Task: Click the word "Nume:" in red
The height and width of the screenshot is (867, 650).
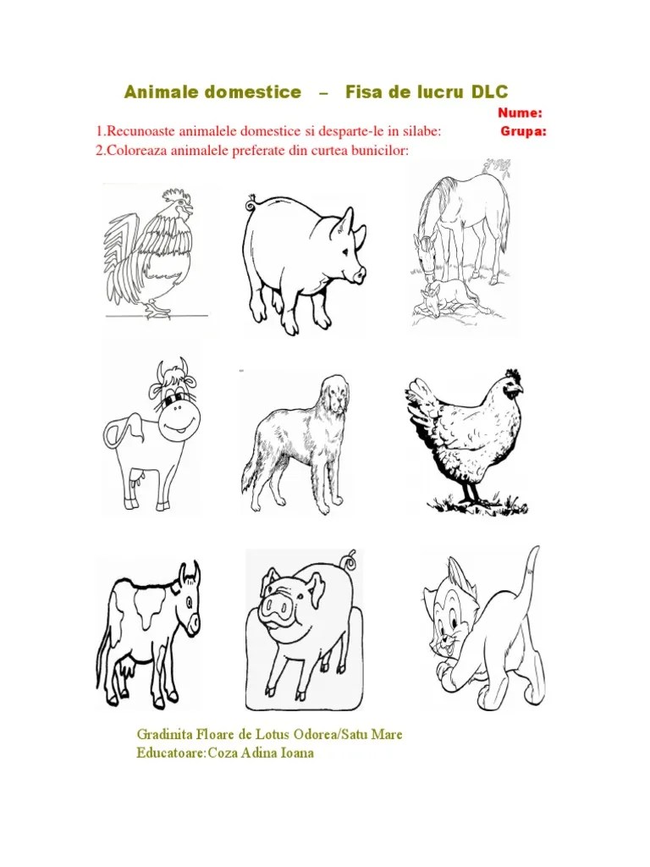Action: tap(520, 113)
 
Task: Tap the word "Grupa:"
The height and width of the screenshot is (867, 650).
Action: tap(523, 131)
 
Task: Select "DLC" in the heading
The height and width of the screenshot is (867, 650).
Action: tap(490, 91)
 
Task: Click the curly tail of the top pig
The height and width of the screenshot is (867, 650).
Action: tap(251, 203)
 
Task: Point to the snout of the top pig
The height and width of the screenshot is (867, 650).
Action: tap(358, 274)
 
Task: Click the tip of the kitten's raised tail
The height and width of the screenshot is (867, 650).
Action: tap(536, 548)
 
